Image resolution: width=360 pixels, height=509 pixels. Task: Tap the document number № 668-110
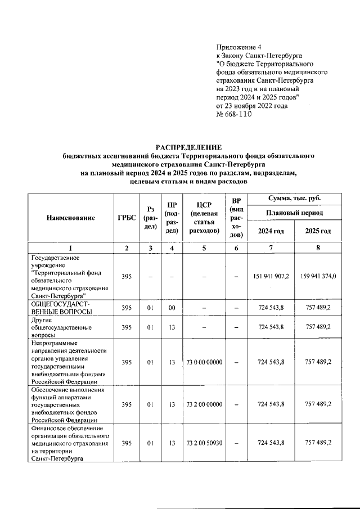233,114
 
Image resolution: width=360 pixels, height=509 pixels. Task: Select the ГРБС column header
127,218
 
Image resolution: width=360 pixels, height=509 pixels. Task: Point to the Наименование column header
71,218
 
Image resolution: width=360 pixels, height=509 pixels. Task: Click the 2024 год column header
271,231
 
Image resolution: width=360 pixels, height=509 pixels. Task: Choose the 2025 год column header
318,231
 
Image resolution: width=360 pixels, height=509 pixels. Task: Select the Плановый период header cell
294,214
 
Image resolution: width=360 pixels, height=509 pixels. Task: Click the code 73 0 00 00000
204,362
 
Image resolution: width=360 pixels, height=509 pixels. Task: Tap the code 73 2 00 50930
204,443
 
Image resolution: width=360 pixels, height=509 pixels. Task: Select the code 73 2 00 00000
204,403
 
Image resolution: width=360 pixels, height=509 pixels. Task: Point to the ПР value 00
172,307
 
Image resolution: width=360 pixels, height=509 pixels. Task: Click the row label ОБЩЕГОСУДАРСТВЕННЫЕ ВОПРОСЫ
61,307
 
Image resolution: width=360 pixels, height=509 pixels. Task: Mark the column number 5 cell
204,248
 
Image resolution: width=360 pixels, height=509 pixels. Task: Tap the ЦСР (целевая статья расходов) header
204,218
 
